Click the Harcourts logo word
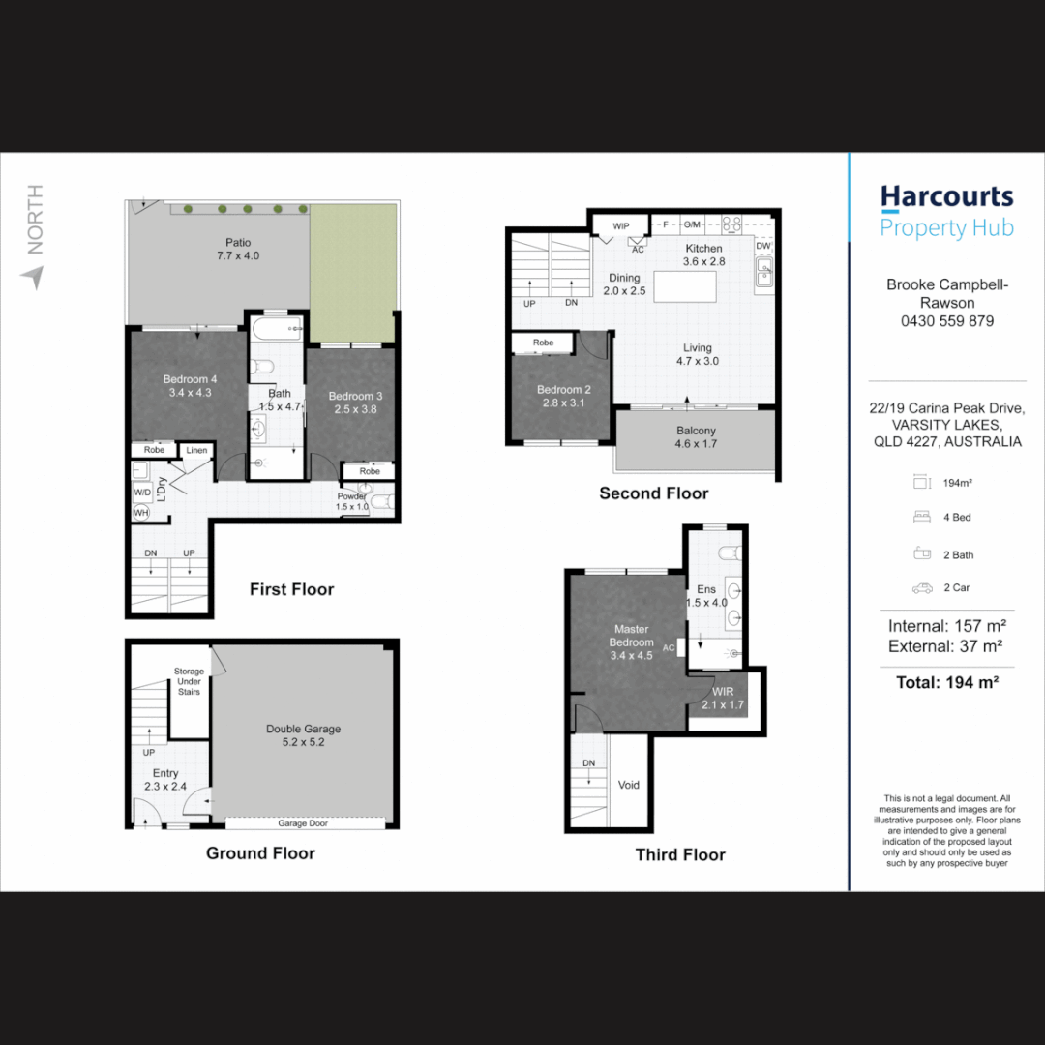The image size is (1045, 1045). pos(946,198)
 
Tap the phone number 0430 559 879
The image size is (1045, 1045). pos(947,321)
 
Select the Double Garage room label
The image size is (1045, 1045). pos(303,735)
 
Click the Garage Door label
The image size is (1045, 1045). pos(303,823)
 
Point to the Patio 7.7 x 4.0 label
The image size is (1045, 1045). pos(238,249)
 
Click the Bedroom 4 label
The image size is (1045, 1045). pos(190,386)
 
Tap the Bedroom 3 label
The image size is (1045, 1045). pos(355,403)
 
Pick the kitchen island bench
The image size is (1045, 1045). pos(684,286)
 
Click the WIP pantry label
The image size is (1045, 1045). pos(620,225)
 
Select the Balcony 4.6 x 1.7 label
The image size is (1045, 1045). pos(696,437)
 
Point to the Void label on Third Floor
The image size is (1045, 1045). pos(629,785)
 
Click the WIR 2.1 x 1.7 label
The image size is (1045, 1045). pos(723,698)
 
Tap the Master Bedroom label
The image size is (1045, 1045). pos(631,642)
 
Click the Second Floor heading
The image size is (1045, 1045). pos(654,493)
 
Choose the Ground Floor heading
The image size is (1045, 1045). pos(260,853)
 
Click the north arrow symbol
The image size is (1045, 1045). pos(33,277)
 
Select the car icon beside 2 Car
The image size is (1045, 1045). pos(922,588)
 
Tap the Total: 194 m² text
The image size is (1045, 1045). pos(947,682)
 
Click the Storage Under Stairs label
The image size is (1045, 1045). pos(189,681)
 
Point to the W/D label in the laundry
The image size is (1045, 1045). pos(142,493)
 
